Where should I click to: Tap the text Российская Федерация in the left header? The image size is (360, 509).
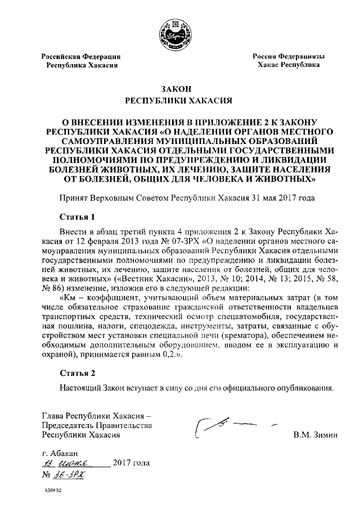point(81,56)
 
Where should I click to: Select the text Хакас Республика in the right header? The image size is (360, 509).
point(289,65)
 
